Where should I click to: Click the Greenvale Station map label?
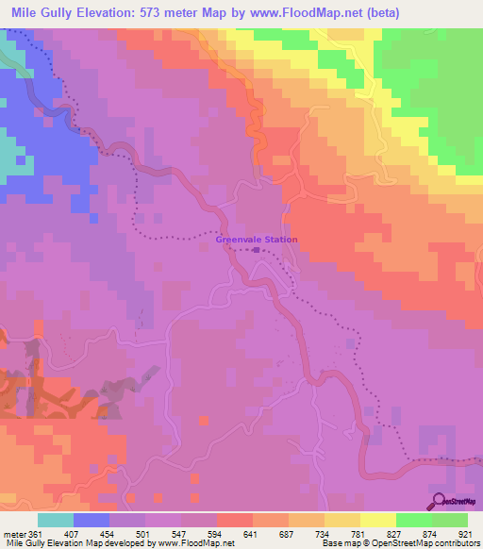(257, 240)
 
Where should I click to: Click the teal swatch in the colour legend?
(55, 520)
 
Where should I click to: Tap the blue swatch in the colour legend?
(91, 520)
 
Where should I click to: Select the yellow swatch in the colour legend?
(378, 520)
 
